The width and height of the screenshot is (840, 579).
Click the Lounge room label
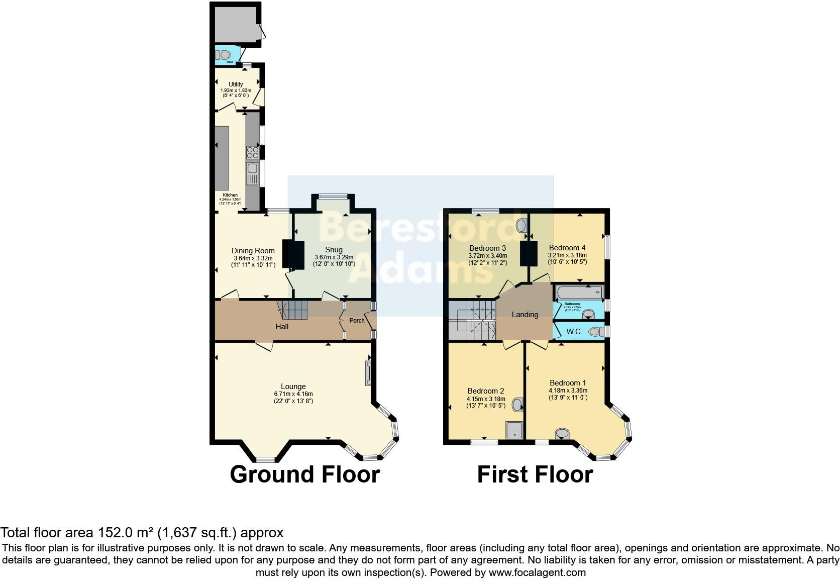tap(293, 387)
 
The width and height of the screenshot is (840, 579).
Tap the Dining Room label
tap(253, 251)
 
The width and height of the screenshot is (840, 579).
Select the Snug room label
tap(334, 250)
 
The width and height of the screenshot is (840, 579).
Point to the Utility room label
tap(236, 84)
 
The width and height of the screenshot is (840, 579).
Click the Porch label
tap(357, 321)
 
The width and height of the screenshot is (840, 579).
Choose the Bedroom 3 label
tap(487, 248)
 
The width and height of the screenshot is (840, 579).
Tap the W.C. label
tap(574, 332)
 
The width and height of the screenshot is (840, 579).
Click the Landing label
tap(524, 315)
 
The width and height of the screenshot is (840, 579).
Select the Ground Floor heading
tap(304, 474)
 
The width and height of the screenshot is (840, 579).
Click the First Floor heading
tap(535, 474)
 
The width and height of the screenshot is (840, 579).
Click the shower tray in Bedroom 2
tap(514, 430)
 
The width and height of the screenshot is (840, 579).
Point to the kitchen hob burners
tap(252, 152)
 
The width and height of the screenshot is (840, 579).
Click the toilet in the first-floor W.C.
tap(595, 332)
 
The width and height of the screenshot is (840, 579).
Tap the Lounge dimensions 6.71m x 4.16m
tap(293, 394)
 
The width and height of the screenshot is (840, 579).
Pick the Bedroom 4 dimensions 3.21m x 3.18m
tap(567, 255)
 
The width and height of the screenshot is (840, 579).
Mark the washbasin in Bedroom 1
tap(562, 434)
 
